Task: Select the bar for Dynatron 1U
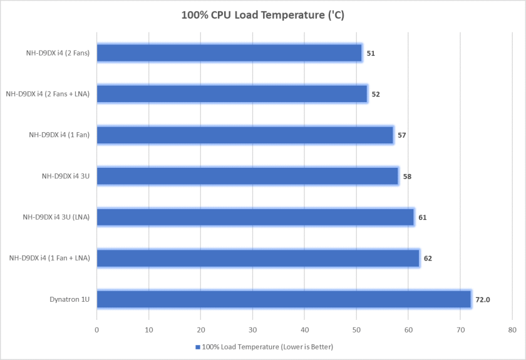[284, 299]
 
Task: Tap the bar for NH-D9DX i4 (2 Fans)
[229, 53]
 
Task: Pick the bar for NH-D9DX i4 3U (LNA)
[255, 217]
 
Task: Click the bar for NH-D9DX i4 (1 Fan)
[245, 135]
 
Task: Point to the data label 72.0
[483, 300]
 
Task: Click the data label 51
[371, 54]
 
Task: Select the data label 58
[407, 177]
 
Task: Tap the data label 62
[428, 259]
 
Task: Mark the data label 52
[376, 95]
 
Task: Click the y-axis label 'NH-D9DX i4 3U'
[61, 177]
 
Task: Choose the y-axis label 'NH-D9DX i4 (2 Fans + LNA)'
[48, 95]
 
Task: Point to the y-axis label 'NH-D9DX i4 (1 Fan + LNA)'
[49, 259]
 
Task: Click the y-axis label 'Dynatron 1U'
[70, 300]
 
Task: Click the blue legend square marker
[198, 347]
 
